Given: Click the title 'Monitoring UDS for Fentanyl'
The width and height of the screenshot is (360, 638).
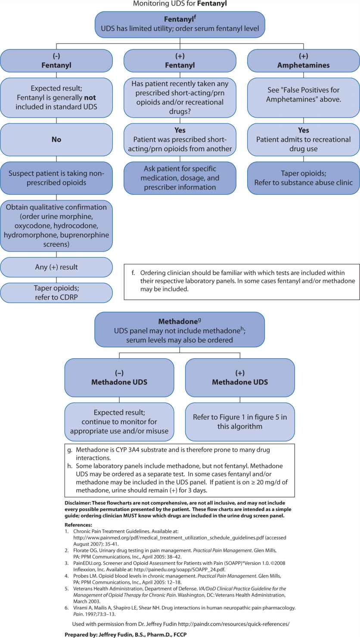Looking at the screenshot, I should (x=180, y=4).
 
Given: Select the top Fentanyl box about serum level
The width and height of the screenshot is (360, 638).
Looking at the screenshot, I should (x=180, y=24).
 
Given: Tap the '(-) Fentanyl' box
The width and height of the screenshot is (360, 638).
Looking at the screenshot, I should (x=56, y=61).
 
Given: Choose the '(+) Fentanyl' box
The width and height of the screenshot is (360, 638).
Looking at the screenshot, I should (x=180, y=61).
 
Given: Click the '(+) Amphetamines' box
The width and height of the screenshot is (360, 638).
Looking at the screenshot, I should (x=303, y=61).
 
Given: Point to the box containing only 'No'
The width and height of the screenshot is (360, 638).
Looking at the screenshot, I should (x=56, y=139).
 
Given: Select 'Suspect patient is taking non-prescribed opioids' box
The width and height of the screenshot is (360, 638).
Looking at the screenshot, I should (x=56, y=177).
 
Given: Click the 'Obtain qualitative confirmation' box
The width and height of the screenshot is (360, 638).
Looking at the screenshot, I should (x=56, y=226).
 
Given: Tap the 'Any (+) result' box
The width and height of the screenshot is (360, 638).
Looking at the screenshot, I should (x=56, y=267).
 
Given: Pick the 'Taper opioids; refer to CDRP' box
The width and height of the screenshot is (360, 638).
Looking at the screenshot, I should (x=56, y=292).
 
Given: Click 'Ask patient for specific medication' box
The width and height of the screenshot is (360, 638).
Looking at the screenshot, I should (x=180, y=178).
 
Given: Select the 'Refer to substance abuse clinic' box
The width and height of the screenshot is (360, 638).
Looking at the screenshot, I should (x=303, y=177).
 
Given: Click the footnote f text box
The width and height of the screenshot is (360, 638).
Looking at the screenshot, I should (x=241, y=282).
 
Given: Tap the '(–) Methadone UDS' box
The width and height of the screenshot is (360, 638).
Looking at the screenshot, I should (x=119, y=378).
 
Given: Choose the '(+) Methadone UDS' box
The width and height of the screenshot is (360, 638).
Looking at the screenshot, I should (x=240, y=378).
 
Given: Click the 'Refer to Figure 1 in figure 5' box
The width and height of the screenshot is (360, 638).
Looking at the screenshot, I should (x=240, y=422).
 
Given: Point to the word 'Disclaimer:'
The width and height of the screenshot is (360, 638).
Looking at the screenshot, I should (x=79, y=503).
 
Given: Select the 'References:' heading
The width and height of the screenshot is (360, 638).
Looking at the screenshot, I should (x=78, y=525).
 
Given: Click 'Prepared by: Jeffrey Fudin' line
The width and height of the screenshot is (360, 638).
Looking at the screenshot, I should (x=125, y=635).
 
